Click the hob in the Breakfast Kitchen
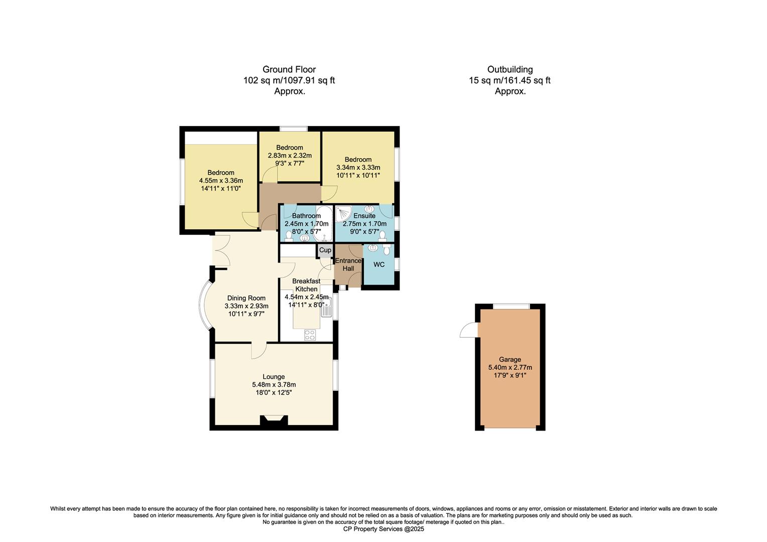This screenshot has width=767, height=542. click(310, 334)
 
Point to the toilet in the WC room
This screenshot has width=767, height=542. click(386, 249)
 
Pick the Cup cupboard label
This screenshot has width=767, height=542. click(325, 250)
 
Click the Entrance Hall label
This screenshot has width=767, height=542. click(348, 264)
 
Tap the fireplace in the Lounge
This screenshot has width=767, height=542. click(274, 421)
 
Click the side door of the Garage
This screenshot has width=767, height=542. click(469, 330)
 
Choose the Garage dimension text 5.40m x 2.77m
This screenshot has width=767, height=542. click(510, 367)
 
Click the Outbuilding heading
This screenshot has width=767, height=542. click(509, 70)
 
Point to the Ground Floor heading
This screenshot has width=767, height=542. click(289, 70)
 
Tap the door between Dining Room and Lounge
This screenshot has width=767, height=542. click(259, 350)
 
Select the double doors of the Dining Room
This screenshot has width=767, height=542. click(221, 250)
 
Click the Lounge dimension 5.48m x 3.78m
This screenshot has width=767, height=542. click(274, 385)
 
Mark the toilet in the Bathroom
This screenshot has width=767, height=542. click(289, 236)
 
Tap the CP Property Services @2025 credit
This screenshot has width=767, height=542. click(383, 529)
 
